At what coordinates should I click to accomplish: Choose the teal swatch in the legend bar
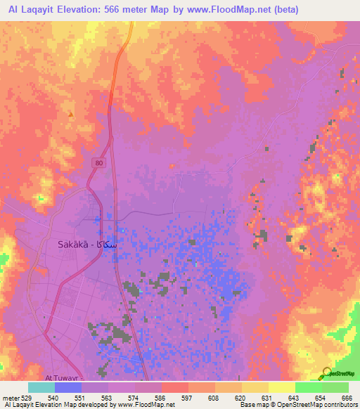coord(41,387)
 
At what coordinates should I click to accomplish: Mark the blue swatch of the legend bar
coord(67,387)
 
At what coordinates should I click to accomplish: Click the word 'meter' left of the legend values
coord(10,397)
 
